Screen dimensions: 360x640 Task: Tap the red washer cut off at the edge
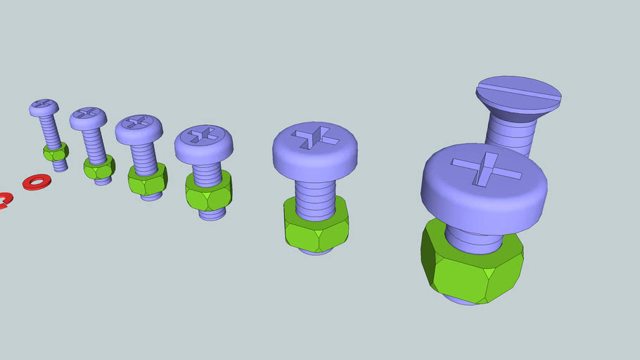click(3, 200)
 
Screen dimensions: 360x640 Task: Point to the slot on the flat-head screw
click(518, 91)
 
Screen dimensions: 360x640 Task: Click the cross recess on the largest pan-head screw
click(485, 169)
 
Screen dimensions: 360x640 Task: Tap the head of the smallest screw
click(44, 108)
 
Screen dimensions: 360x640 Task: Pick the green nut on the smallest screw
click(56, 151)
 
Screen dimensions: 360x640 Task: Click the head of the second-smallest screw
click(88, 117)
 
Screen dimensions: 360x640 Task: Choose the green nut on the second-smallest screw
click(99, 169)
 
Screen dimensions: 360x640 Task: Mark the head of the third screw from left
click(139, 129)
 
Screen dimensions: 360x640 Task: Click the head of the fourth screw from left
click(203, 143)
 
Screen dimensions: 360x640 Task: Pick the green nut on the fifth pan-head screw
click(316, 226)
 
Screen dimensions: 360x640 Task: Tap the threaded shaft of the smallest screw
click(50, 130)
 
